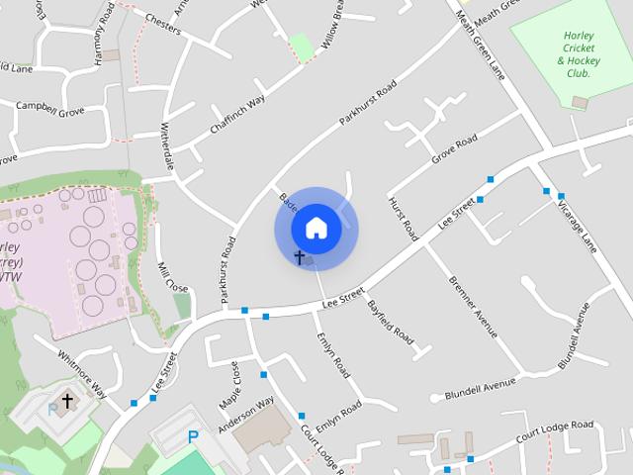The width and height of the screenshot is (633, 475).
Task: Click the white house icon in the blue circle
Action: pos(316,229)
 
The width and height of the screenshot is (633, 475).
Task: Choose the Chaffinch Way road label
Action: pos(237,115)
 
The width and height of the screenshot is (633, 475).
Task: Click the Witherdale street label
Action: pos(167,146)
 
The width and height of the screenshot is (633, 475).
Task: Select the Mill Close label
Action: pos(172,276)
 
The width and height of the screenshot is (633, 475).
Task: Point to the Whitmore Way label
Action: pos(88,370)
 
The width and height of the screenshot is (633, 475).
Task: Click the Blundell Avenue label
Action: pos(482,384)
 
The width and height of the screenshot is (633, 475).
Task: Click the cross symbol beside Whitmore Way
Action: pos(67,401)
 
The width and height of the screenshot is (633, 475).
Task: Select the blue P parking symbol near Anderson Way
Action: pos(194,435)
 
